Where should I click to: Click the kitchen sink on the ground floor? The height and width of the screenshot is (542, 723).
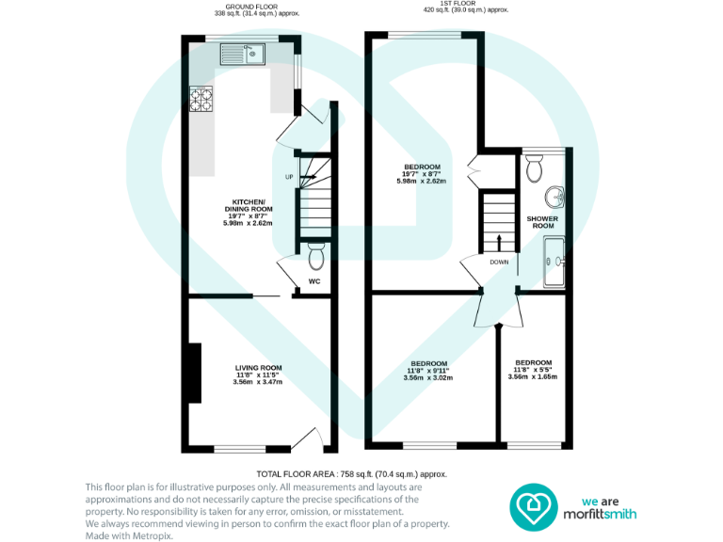coord(244,54)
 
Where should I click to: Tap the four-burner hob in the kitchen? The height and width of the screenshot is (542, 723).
coord(202,98)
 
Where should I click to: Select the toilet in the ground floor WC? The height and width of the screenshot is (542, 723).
coord(315,255)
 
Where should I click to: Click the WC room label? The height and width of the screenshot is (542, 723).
coord(315,280)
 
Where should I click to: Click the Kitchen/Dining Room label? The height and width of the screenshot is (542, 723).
coord(248,213)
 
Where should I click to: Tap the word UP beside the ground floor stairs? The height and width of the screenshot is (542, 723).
coord(290,177)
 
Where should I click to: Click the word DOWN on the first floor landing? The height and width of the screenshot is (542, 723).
coord(498,262)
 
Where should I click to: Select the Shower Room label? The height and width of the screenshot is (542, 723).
coord(543,222)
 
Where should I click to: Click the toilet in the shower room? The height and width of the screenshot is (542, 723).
coord(535,168)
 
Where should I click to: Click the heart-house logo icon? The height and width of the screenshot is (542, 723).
coord(534,508)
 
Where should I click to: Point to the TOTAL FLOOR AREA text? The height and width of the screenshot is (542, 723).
coord(351,474)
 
